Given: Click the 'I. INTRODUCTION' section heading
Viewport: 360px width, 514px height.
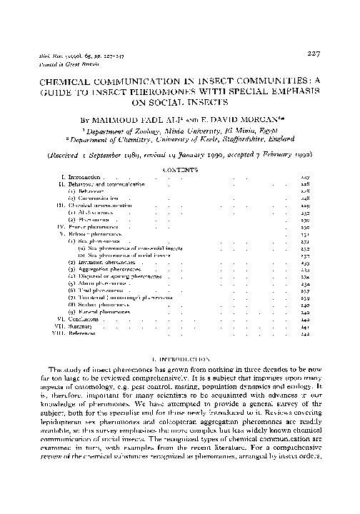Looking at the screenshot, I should tap(180, 356).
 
